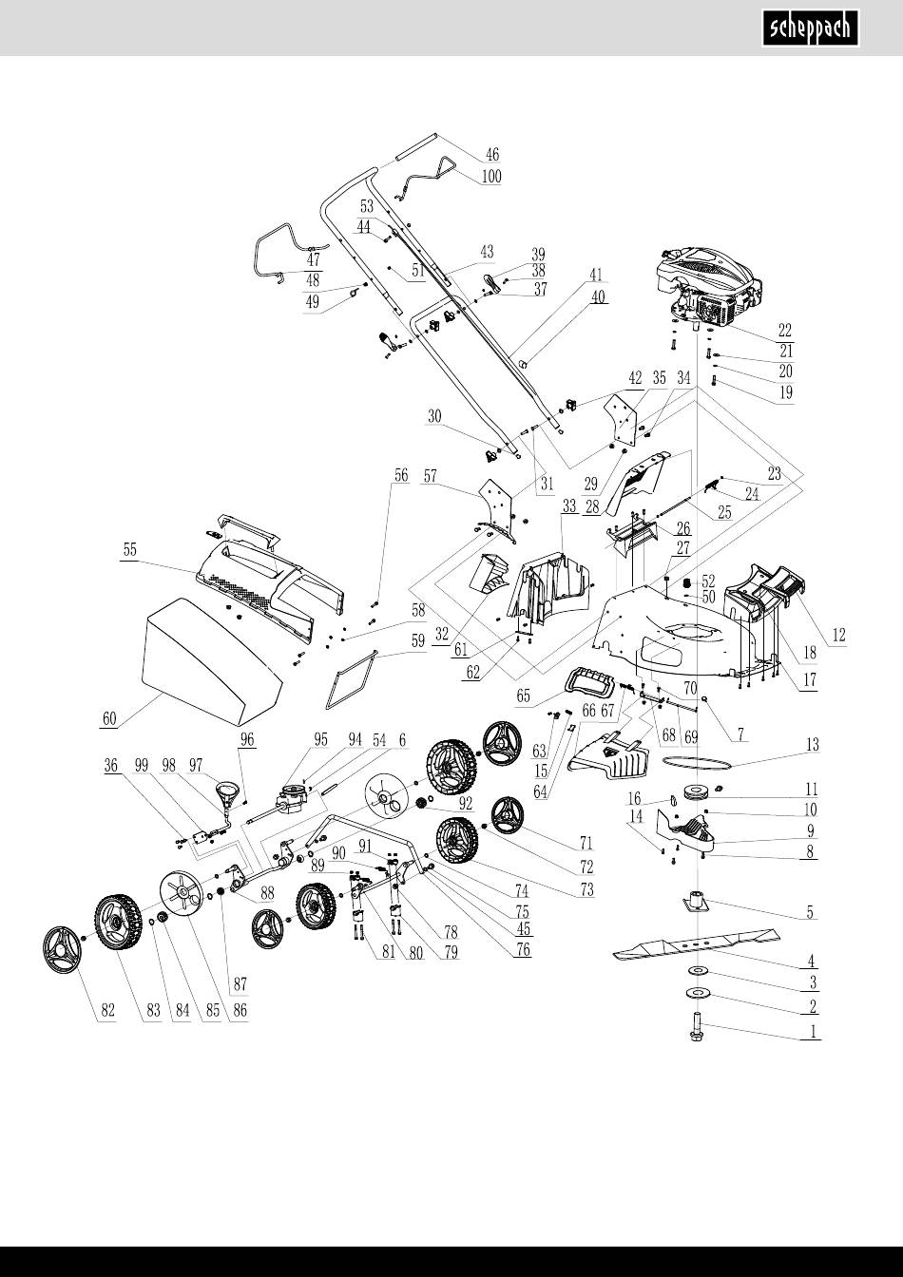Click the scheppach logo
814,28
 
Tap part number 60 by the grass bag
110,719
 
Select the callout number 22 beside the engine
785,331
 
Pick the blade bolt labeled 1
696,1031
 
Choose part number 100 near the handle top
491,177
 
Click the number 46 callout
491,154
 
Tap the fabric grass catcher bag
213,670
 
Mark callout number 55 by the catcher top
129,550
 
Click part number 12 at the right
838,634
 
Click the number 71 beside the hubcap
586,843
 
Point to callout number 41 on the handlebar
596,275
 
